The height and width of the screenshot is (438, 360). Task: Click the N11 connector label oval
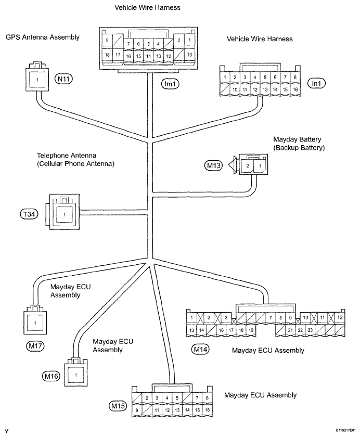63,79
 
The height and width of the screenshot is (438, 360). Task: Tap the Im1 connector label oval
170,84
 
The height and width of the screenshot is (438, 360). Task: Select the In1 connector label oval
316,83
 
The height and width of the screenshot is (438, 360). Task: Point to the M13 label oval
213,165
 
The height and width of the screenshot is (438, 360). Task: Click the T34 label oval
29,214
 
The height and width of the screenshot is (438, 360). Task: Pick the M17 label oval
35,346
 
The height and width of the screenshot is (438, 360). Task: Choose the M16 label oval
52,376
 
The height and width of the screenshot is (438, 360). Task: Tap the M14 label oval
200,349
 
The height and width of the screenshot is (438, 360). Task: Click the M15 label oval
118,406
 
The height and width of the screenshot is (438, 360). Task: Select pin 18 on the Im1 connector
107,55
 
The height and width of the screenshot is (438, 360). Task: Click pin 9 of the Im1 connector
107,41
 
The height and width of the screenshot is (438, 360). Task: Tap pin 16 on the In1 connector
295,89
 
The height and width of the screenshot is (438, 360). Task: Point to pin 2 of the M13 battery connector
248,165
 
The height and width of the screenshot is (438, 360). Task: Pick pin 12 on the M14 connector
340,318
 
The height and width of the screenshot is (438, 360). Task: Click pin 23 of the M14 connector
310,330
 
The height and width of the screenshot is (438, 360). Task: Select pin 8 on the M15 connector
207,398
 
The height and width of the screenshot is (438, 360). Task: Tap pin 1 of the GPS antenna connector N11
37,80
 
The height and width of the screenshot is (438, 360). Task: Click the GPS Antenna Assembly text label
43,37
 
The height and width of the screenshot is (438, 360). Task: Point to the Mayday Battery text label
297,139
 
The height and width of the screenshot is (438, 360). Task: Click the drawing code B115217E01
346,430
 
